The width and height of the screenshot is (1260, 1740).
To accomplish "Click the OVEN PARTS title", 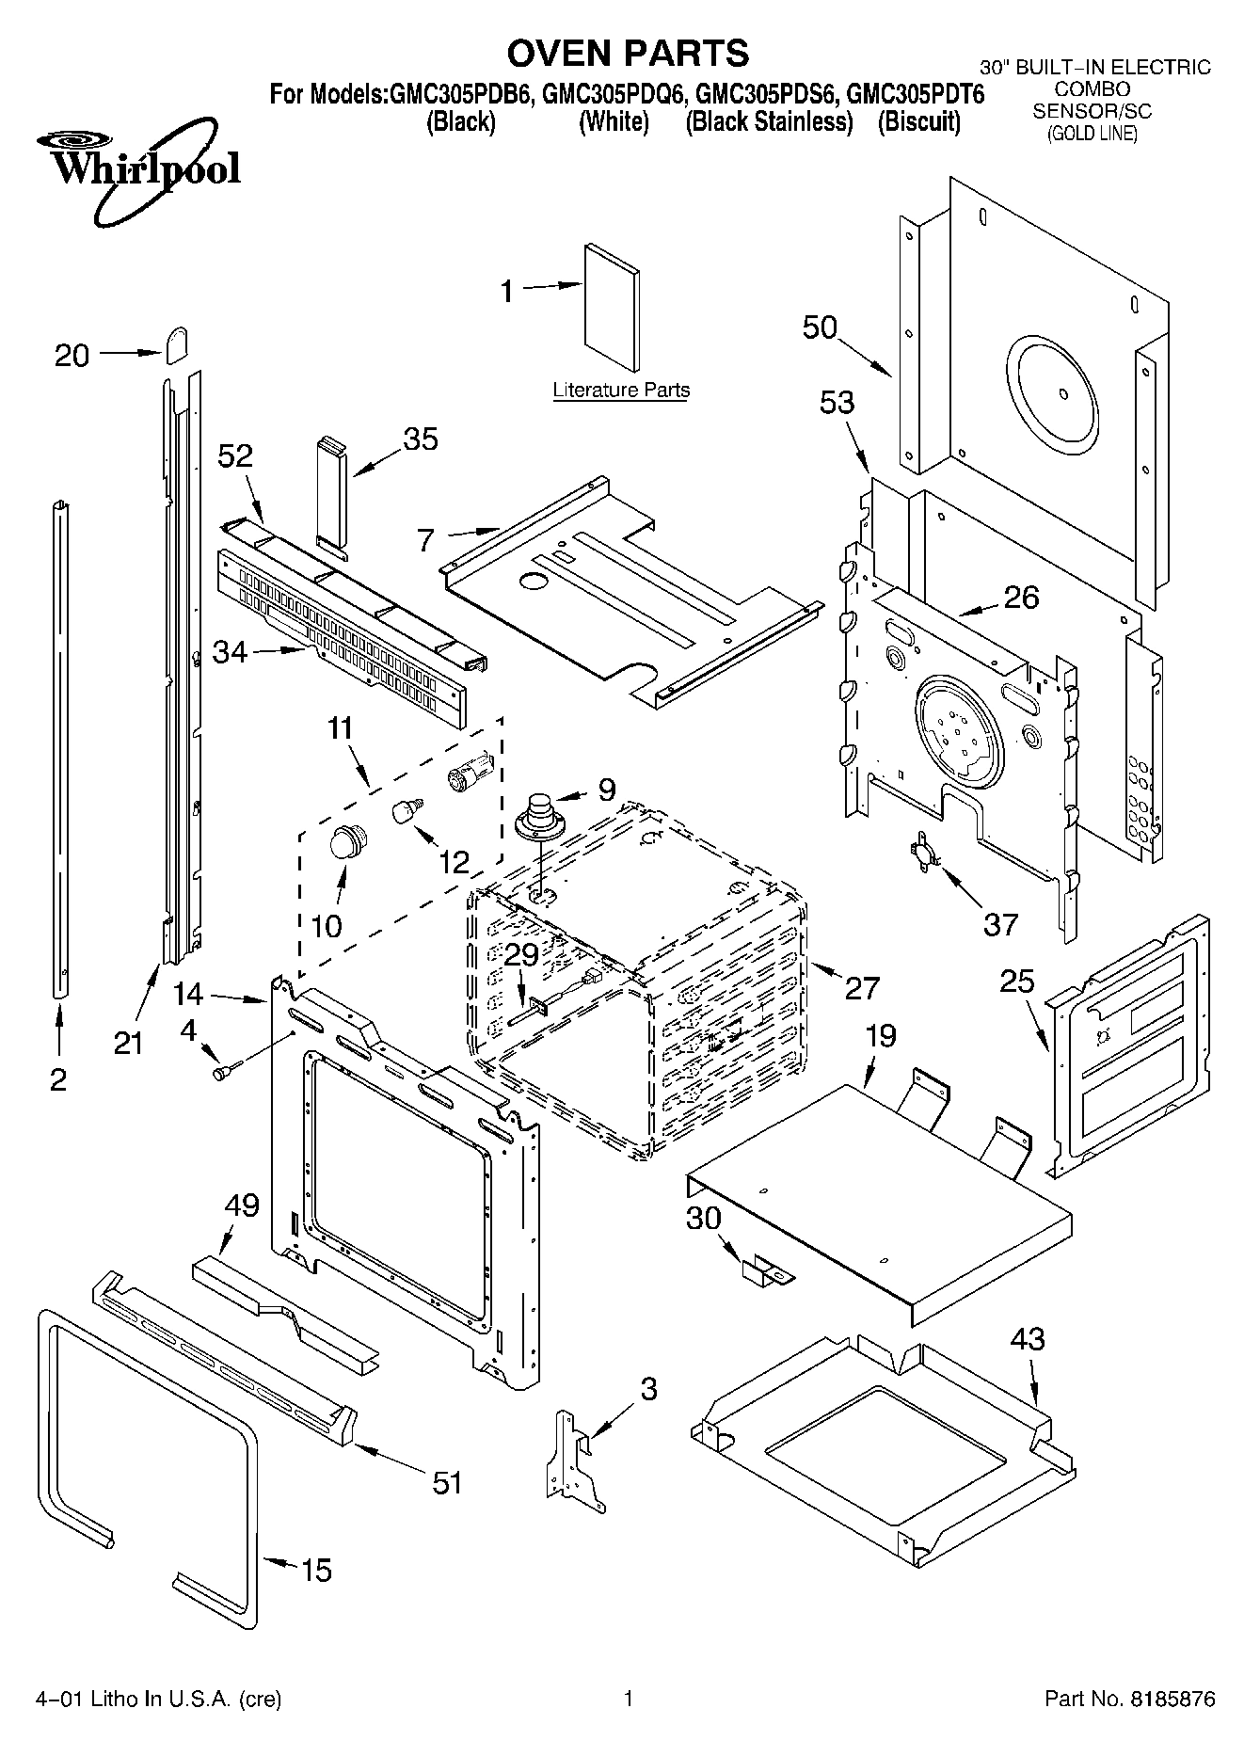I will pyautogui.click(x=628, y=53).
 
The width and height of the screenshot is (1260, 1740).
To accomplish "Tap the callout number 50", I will pyautogui.click(x=820, y=327).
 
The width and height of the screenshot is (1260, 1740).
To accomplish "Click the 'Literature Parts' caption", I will pyautogui.click(x=620, y=390).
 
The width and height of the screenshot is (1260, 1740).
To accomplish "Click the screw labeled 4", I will pyautogui.click(x=226, y=1070).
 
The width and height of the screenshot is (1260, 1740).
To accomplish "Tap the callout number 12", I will pyautogui.click(x=454, y=861).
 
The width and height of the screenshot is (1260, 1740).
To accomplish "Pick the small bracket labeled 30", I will pyautogui.click(x=766, y=1271).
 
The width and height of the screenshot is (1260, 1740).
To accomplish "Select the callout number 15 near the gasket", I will pyautogui.click(x=316, y=1570).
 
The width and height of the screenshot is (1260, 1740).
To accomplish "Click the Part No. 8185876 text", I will pyautogui.click(x=1130, y=1699).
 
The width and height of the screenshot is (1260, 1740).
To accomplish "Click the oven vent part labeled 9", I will pyautogui.click(x=540, y=815).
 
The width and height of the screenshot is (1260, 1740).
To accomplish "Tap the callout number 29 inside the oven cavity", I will pyautogui.click(x=520, y=954).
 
